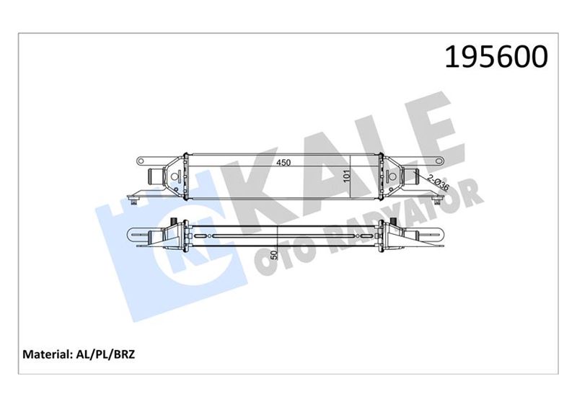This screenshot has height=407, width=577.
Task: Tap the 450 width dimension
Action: coord(283,164)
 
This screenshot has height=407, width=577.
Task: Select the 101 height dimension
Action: coord(347,175)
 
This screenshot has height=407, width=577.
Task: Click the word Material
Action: coord(45,354)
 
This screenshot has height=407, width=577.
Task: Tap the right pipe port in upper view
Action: coord(413,176)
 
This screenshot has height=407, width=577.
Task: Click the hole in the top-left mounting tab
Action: coord(142,158)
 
